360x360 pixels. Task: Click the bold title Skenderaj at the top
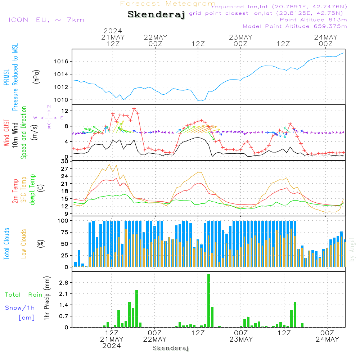click(x=156, y=14)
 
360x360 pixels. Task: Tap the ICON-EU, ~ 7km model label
click(x=46, y=20)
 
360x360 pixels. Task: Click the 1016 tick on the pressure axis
click(x=61, y=61)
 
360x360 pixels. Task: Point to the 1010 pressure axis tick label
click(x=61, y=100)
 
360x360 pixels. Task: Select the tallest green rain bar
click(x=208, y=301)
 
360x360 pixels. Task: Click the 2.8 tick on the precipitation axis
click(x=64, y=283)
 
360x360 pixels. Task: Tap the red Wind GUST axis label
click(x=6, y=133)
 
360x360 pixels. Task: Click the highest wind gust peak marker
click(x=134, y=109)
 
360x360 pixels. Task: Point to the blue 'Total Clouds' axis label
click(x=6, y=244)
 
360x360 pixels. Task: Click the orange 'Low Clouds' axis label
click(x=24, y=244)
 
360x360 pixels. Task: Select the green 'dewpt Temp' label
click(x=32, y=189)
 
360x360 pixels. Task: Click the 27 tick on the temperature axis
click(x=64, y=169)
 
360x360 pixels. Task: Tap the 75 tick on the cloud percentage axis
click(x=64, y=232)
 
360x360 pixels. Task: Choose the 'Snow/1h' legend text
click(x=20, y=308)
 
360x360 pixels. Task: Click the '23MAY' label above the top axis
click(x=240, y=37)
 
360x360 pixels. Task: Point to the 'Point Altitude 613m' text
click(x=314, y=20)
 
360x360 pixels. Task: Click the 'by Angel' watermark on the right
click(x=352, y=249)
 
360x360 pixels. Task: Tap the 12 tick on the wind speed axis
click(x=65, y=111)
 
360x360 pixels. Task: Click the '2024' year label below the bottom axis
click(x=112, y=346)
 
